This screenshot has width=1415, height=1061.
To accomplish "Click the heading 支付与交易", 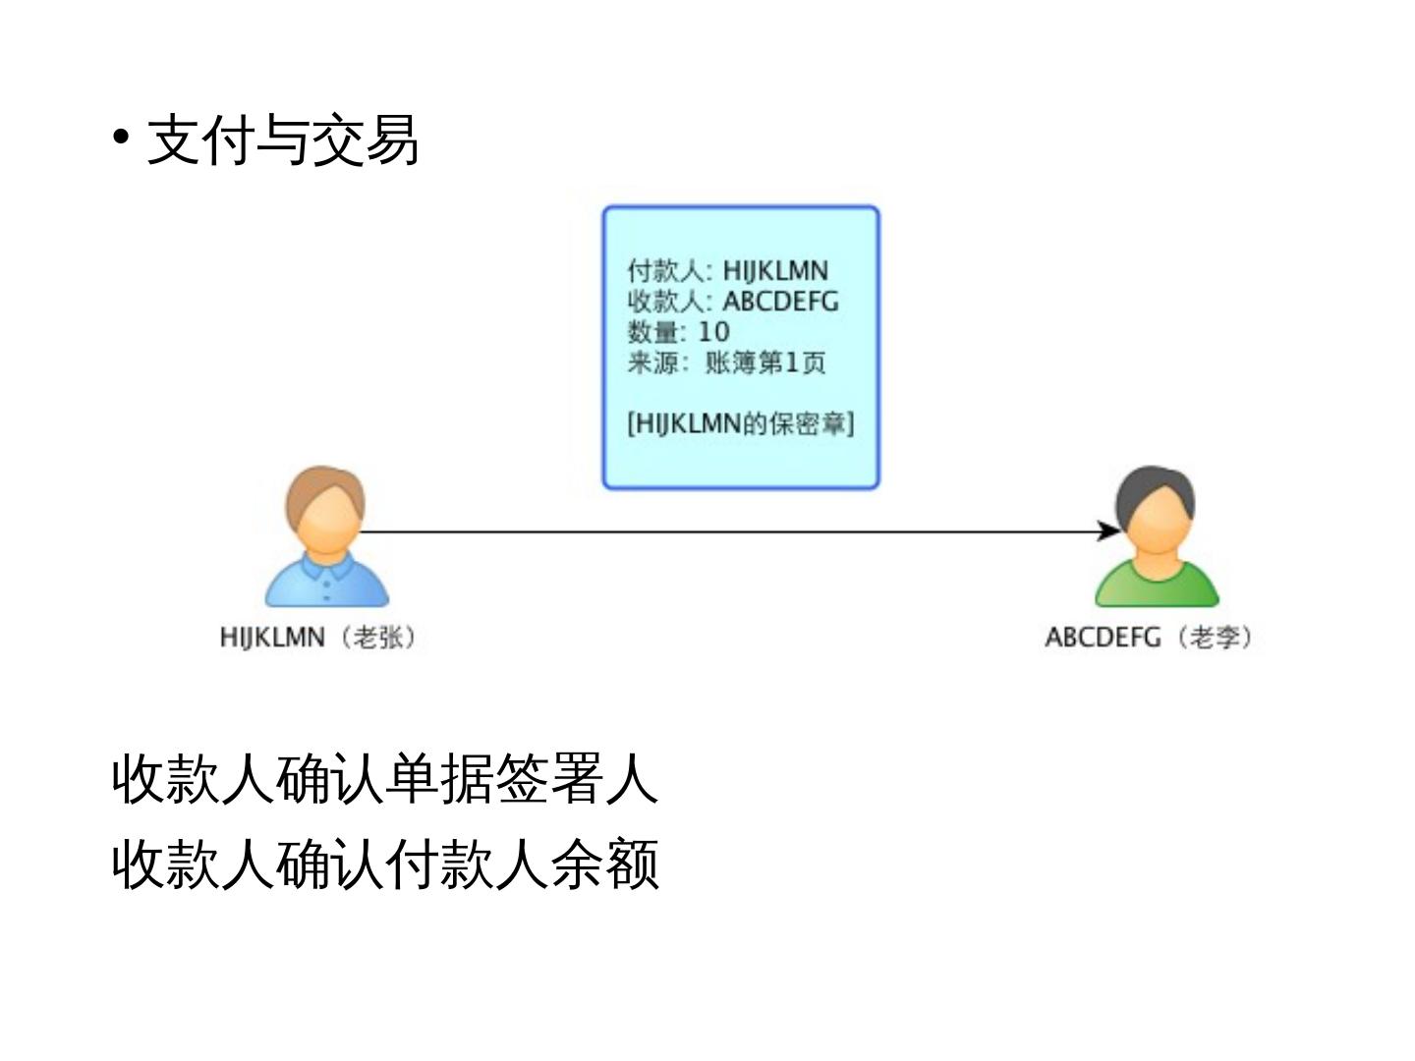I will pos(283,140).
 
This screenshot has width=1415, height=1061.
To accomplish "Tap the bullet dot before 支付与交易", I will pos(121,137).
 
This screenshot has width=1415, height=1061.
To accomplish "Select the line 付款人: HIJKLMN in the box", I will pos(728,270).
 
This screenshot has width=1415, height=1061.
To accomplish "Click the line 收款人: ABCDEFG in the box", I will pos(733,301).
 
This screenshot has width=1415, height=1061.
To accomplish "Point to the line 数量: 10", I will pos(678,332).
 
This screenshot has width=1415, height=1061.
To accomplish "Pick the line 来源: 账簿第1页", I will pos(726,363).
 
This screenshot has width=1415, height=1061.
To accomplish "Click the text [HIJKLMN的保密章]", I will pos(740,423).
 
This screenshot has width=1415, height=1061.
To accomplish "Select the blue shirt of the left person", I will pos(327,584).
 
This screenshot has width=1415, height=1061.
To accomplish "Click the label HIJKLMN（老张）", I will pos(317,638).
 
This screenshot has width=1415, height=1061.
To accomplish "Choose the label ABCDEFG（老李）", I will pos(1148,638).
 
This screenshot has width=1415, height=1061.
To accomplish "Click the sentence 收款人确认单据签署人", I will pos(384,779).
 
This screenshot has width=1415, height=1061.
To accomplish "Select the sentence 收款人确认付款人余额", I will pos(384,864).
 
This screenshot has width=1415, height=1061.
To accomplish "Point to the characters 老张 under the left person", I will pos(378,638).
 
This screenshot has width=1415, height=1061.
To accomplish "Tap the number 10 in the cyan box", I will pos(713,332).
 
